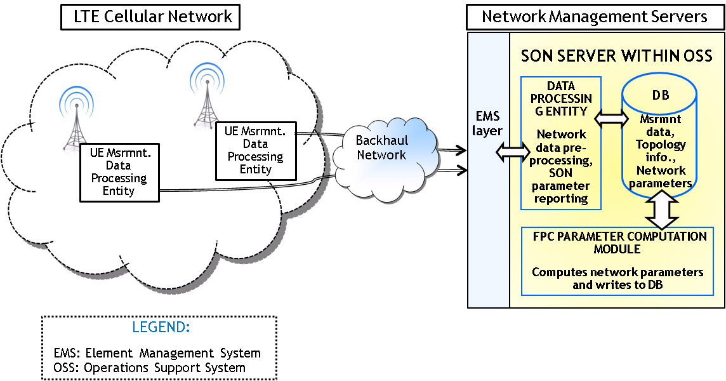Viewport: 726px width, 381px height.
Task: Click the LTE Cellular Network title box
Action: (x=150, y=16)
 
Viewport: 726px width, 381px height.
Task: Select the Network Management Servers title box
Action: (x=595, y=16)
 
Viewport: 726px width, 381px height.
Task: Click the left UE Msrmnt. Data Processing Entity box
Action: (x=119, y=171)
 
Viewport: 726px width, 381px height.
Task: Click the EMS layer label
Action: (x=489, y=124)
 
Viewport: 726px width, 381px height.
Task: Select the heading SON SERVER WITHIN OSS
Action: (x=615, y=56)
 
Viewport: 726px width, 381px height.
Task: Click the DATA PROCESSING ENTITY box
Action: (x=561, y=144)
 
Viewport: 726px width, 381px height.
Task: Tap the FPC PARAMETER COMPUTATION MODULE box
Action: (x=617, y=261)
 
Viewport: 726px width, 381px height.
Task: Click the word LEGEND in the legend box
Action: (x=161, y=328)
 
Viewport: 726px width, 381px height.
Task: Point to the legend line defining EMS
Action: (x=157, y=353)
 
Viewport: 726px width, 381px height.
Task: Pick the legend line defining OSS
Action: (x=150, y=367)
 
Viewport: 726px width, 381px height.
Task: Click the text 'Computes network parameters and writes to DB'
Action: (x=617, y=278)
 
